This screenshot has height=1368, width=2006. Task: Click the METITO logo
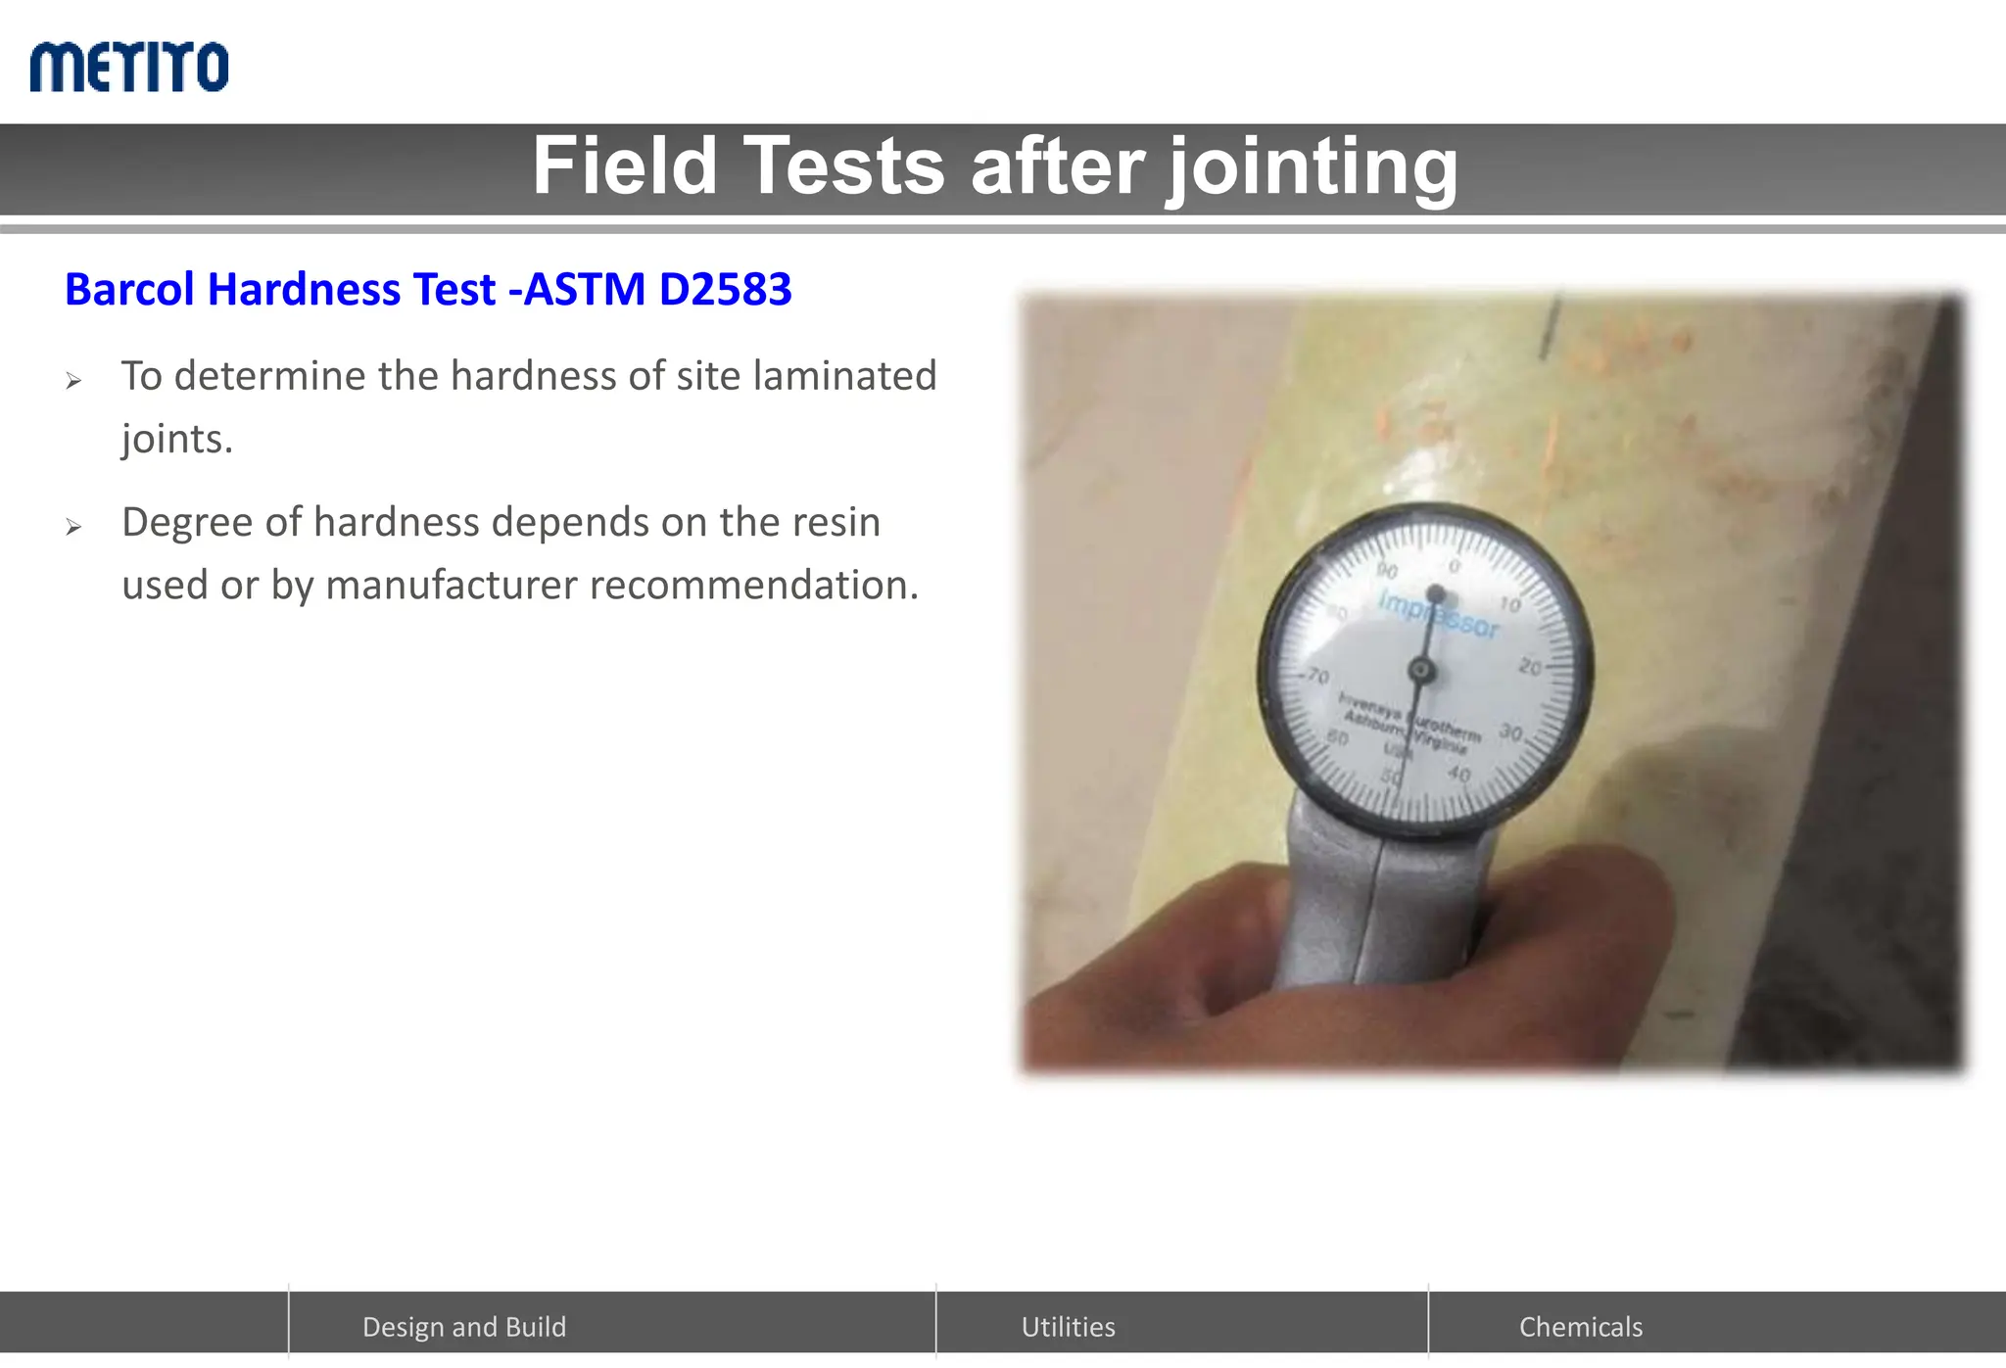129,67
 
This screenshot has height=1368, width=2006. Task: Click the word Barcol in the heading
129,290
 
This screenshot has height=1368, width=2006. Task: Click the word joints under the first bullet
177,440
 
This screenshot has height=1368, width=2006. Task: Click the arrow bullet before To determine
73,381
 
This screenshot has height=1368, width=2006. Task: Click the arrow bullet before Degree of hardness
73,528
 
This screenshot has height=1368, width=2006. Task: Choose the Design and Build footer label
464,1327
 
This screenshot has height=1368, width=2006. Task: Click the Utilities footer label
1068,1327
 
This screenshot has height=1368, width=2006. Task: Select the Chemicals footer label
1580,1327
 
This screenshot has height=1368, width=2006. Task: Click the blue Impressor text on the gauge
1438,614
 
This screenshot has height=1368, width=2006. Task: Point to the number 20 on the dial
1529,668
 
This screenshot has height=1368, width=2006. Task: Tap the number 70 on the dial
1318,677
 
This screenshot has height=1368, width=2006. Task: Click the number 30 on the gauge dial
1510,732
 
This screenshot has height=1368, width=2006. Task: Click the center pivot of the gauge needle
1422,671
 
